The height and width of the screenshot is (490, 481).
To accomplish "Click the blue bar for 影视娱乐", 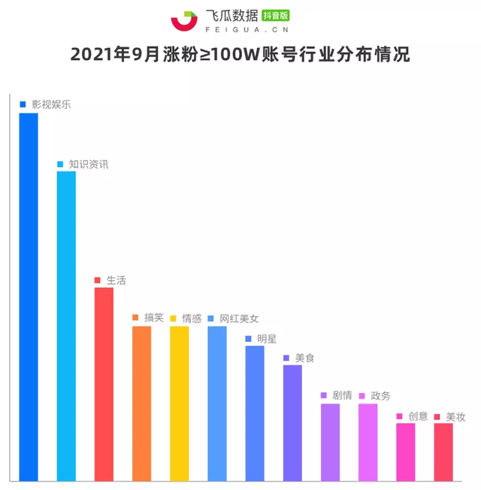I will tap(29, 297).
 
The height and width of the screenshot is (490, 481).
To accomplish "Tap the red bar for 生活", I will tap(104, 383).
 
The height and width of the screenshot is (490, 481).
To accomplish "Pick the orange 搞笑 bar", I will tap(141, 403).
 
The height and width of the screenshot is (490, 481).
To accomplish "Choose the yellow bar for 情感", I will tap(179, 403).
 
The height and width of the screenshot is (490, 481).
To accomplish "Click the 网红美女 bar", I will tap(216, 403).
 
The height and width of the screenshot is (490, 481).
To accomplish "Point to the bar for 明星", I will tap(255, 413).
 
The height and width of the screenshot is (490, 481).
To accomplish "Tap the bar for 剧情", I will tap(330, 442).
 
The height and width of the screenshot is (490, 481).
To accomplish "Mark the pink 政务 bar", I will tap(368, 442).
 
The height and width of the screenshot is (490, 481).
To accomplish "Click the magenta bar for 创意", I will tap(406, 452).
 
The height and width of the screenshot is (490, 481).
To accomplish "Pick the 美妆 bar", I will tap(443, 452).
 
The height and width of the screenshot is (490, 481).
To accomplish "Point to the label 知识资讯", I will tap(89, 163).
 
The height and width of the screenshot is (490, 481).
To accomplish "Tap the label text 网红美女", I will tap(239, 318).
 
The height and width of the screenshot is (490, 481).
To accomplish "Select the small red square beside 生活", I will tap(98, 280).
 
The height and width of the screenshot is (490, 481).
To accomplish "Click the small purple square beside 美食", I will tap(286, 358).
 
